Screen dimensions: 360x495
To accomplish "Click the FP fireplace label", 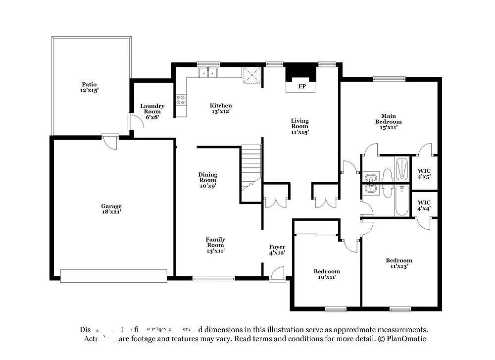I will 301,86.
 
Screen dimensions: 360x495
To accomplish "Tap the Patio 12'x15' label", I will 90,88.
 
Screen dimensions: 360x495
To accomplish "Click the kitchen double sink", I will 209,73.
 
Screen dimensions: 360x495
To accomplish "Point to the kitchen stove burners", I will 181,100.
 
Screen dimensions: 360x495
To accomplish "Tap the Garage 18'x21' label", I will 111,209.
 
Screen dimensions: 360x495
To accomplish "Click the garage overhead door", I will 113,275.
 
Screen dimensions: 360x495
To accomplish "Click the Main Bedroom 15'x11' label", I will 388,121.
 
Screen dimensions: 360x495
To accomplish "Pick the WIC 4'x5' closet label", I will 424,174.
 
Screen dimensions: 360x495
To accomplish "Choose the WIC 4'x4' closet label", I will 424,205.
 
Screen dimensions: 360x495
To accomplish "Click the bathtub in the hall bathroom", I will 401,201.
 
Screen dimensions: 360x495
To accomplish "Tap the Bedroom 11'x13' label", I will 399,263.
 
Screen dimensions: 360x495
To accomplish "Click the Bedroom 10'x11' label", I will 327,274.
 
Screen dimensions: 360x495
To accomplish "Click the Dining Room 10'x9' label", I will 208,180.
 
